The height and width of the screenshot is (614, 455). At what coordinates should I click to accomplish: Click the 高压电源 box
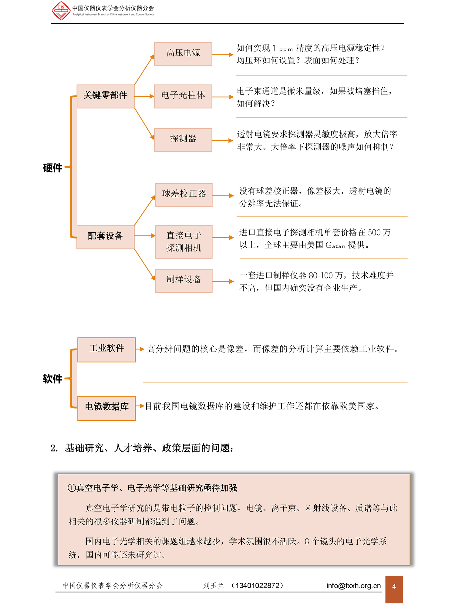[x=183, y=54]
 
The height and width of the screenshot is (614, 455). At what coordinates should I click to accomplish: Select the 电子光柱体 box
[x=183, y=96]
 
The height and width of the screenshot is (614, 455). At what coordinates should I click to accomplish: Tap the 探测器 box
[x=183, y=140]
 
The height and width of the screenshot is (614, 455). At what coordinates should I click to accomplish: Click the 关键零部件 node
[x=106, y=96]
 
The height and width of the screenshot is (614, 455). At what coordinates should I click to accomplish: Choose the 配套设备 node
[x=105, y=237]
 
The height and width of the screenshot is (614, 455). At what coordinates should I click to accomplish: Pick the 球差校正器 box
[x=184, y=195]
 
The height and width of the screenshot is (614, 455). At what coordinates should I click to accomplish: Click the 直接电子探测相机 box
[x=184, y=242]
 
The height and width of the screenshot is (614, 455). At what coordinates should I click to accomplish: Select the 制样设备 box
[x=184, y=281]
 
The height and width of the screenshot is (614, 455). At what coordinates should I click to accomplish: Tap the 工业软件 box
[x=106, y=350]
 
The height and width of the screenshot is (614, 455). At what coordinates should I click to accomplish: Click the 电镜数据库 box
[x=106, y=408]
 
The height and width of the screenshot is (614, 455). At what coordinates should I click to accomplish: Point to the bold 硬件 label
[x=52, y=168]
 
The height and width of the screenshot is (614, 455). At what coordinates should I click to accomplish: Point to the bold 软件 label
[x=52, y=379]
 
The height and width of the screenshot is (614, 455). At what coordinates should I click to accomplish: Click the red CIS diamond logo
[x=61, y=11]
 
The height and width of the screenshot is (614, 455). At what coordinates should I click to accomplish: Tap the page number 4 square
[x=394, y=589]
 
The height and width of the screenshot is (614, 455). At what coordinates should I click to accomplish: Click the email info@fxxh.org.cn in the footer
[x=353, y=586]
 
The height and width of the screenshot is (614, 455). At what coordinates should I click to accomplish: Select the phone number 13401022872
[x=257, y=586]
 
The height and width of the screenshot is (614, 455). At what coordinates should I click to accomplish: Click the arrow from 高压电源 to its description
[x=223, y=55]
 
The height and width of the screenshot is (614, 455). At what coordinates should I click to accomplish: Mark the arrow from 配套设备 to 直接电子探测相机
[x=145, y=236]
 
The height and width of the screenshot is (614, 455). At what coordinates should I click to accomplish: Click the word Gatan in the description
[x=335, y=245]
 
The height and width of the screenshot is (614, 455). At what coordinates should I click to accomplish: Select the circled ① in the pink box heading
[x=72, y=488]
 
